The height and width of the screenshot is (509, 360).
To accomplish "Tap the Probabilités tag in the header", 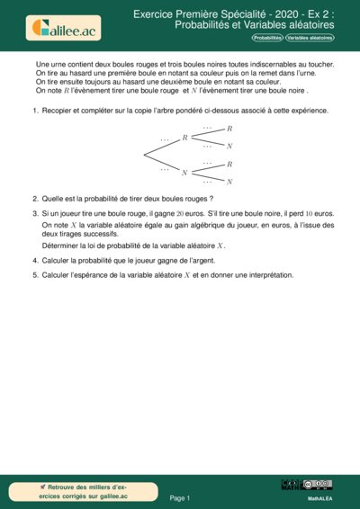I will coord(266,38).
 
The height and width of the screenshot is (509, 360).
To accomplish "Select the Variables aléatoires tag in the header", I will coord(310,38).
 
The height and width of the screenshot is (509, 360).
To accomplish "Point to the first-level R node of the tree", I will coord(184,138).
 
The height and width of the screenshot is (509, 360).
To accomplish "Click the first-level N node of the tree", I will coord(184,172).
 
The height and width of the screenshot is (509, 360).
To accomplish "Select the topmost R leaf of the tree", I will coord(229,129).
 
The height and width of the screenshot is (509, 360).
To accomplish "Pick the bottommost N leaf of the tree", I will coord(229,181).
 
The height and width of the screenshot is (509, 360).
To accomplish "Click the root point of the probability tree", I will coord(144,155).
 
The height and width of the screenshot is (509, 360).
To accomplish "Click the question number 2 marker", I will coord(34,199).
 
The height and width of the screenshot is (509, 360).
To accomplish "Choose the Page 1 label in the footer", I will coord(180,497).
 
